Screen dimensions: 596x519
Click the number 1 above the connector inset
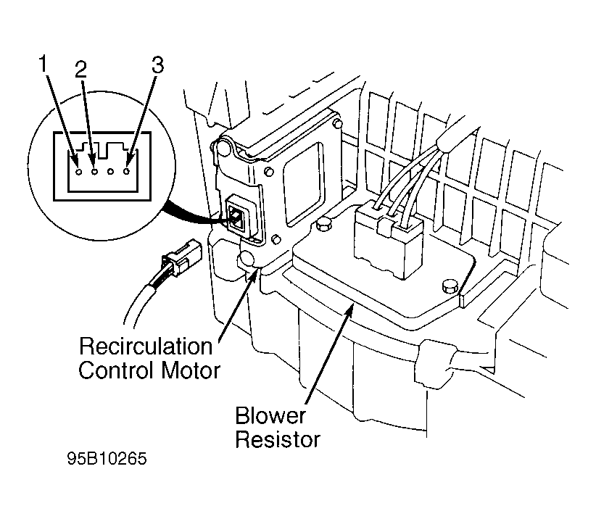[44, 64]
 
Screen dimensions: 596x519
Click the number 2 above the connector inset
[80, 69]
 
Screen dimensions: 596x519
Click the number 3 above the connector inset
[158, 65]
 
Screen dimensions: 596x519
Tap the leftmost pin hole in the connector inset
[79, 172]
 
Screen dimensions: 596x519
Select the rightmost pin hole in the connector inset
[127, 172]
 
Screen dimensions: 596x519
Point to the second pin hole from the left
[95, 172]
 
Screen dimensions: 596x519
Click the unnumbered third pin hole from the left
[111, 172]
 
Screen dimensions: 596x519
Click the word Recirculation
[146, 347]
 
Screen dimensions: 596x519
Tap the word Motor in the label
[191, 370]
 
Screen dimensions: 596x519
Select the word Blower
[270, 415]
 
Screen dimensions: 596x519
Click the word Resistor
[278, 439]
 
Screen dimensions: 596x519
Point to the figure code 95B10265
[107, 459]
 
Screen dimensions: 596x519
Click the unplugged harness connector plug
[180, 258]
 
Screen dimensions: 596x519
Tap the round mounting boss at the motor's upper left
[224, 148]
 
